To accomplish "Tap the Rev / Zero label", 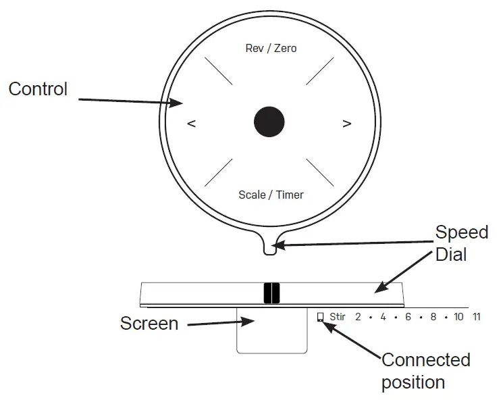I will [x=269, y=49].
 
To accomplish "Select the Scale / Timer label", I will [x=271, y=195].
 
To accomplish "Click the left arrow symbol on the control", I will [x=192, y=124].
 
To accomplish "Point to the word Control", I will [x=38, y=89].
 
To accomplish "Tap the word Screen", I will [x=149, y=323].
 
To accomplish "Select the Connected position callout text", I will [x=425, y=370].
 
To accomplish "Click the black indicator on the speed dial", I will [x=271, y=293].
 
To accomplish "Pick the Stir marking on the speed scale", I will [x=338, y=316].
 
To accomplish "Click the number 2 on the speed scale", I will [x=358, y=316].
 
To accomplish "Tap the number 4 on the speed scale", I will [x=383, y=316].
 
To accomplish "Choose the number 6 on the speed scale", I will [x=408, y=316].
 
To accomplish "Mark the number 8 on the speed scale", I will [x=433, y=316].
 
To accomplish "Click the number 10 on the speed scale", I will [x=458, y=316].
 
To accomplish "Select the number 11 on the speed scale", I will [x=477, y=316].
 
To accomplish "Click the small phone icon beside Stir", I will [x=320, y=316].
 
